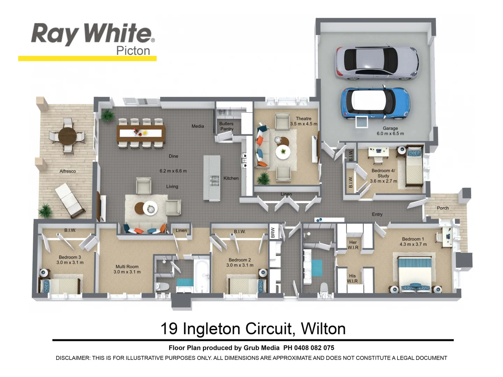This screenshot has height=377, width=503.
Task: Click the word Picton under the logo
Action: (133, 51)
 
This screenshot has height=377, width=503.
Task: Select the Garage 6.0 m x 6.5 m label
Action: (390, 131)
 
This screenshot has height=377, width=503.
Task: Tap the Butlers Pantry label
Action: (226, 126)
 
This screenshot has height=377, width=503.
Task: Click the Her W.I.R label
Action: (353, 245)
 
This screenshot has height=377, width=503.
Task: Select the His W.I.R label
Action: (352, 278)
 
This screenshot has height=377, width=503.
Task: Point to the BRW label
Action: (273, 232)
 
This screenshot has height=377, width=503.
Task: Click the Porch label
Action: (443, 208)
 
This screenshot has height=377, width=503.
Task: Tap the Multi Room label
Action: (127, 269)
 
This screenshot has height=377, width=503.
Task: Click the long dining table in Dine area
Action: (141, 133)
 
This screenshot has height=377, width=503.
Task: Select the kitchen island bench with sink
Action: (212, 178)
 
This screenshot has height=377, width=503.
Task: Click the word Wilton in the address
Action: (323, 329)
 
